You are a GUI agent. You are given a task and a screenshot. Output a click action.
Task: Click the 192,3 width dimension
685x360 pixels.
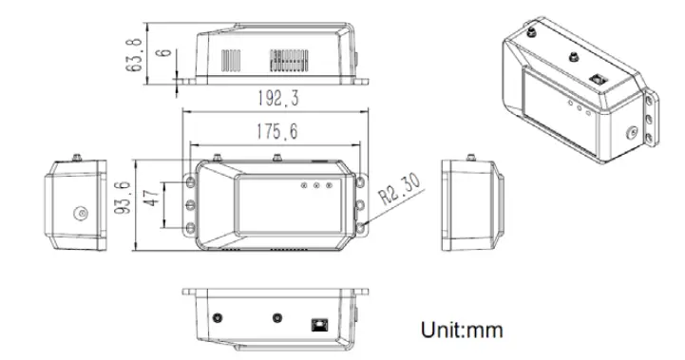pos(276,99)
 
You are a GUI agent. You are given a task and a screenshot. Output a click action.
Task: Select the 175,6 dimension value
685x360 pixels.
pos(276,132)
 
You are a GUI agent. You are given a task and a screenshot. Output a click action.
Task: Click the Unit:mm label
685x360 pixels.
pos(461,330)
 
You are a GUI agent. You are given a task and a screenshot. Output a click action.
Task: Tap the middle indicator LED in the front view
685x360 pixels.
pos(316,186)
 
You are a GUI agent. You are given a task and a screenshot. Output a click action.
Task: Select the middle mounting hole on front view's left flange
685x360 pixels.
pos(190,203)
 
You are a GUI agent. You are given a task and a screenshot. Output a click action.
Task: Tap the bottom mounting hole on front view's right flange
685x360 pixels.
pos(363,226)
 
